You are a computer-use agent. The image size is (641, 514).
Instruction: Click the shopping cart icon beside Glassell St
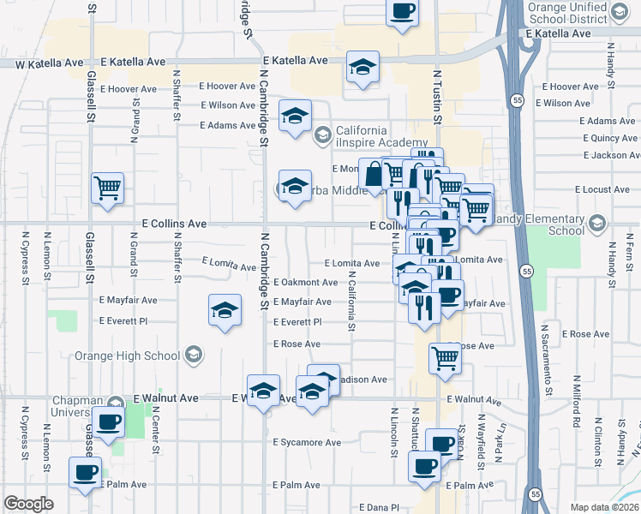pos(108,188)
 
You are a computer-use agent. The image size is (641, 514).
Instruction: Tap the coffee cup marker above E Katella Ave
pos(402,12)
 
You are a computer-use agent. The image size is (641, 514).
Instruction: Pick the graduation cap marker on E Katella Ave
pos(363,68)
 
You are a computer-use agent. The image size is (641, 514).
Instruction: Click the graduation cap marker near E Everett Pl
pos(225,310)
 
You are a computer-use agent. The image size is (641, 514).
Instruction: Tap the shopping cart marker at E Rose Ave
pos(445,358)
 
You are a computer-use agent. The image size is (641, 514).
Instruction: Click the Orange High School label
pos(129,356)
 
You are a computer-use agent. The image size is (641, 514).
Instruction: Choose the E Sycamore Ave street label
pos(307,443)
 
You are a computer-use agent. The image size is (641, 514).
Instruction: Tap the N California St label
pos(351,302)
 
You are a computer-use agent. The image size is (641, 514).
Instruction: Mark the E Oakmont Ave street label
pos(305,283)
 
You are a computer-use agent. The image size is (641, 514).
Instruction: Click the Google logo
pos(28,504)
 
